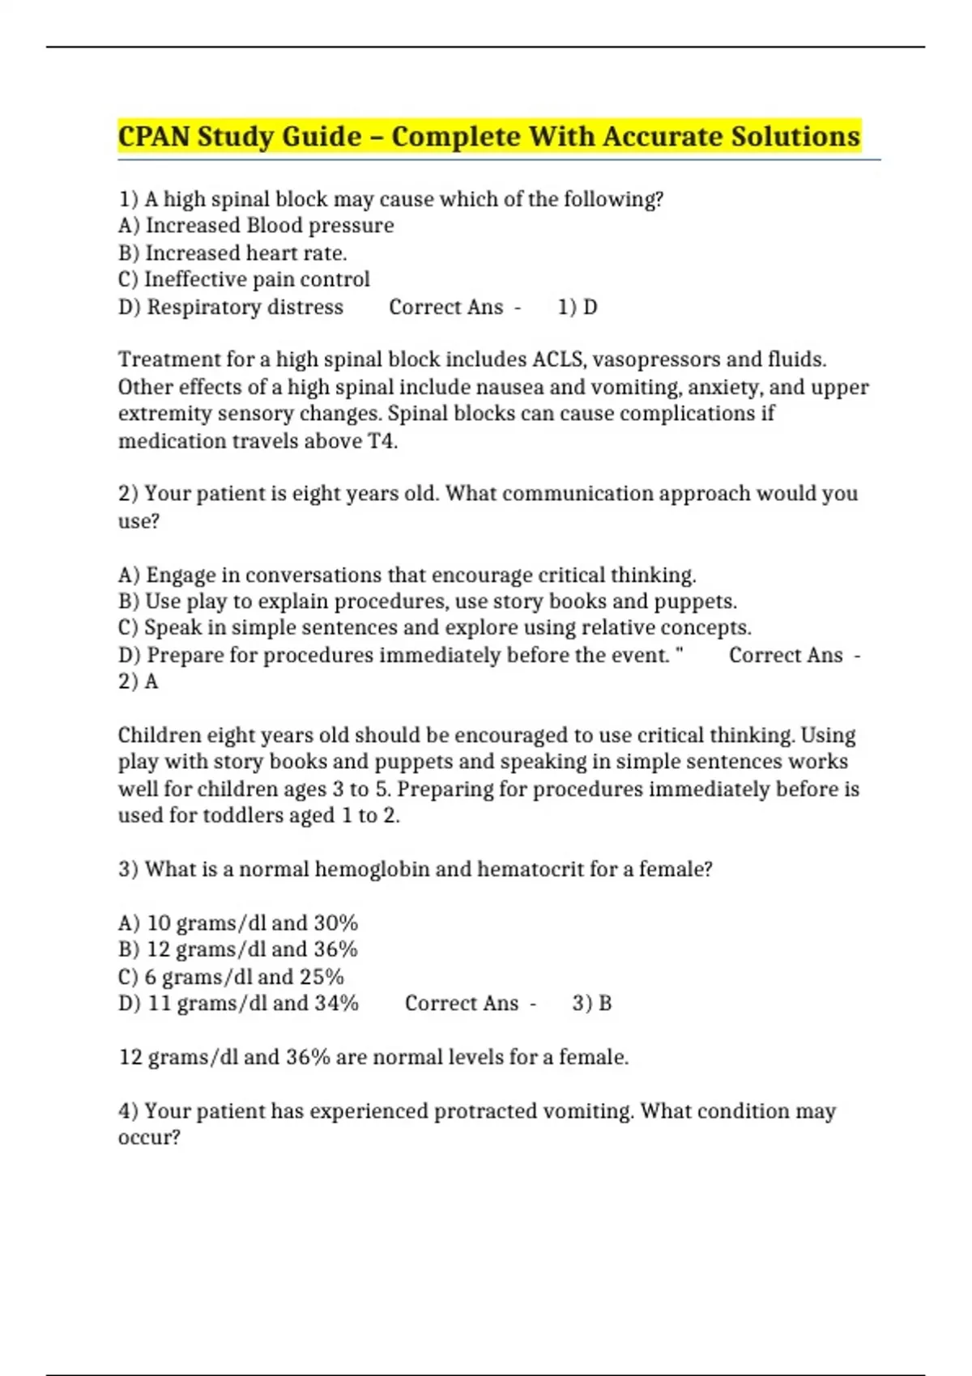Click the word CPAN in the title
[154, 136]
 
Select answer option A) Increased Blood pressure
[256, 226]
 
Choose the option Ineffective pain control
[244, 280]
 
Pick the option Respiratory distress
[231, 308]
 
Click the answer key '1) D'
[578, 308]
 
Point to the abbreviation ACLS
[557, 359]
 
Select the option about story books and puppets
[428, 601]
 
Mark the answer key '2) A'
[139, 682]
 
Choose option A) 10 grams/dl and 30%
[238, 923]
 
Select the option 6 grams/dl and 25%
[231, 977]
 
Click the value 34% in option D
[336, 1004]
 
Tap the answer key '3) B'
[592, 1004]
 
